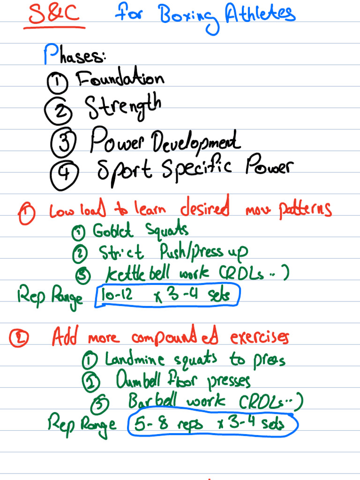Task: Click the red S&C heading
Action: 54,15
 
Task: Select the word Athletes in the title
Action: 260,14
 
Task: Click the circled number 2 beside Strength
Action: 59,111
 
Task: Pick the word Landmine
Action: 135,360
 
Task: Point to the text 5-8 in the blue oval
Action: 150,424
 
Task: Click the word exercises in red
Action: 260,337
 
